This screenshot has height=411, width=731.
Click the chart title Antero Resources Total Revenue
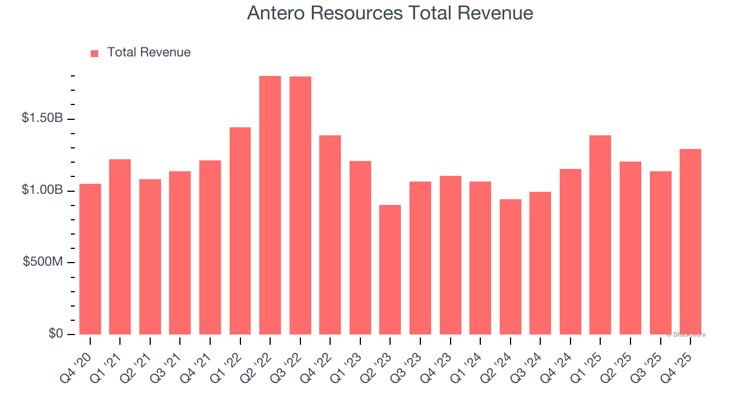coord(390,13)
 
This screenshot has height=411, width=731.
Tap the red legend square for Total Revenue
coord(95,53)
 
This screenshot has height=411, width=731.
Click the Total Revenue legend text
coord(148,53)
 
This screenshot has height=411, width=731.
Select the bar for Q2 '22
coord(270,205)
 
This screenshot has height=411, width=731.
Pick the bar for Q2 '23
coord(390,269)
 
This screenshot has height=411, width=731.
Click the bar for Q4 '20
coord(90,259)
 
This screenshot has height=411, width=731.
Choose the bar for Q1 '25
coord(600,235)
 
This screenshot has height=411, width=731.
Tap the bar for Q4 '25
coord(690,242)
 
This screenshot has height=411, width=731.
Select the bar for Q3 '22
coord(300,205)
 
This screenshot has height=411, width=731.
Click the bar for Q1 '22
coord(240,231)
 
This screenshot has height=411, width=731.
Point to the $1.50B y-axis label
coord(42,118)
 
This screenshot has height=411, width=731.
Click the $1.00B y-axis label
coord(42,190)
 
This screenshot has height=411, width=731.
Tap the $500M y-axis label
coord(43,262)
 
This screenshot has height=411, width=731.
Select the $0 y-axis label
coord(55,333)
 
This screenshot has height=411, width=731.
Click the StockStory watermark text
coord(686,335)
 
